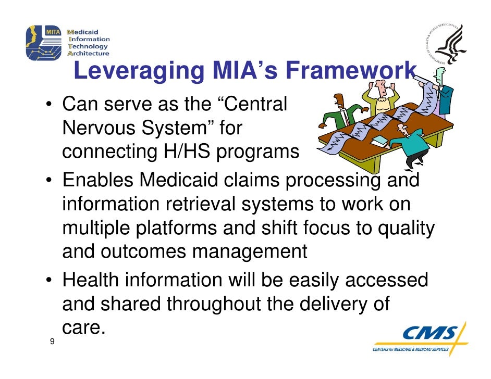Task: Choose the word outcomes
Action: [139, 253]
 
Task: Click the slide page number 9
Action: [52, 342]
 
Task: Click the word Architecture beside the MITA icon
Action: [88, 53]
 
